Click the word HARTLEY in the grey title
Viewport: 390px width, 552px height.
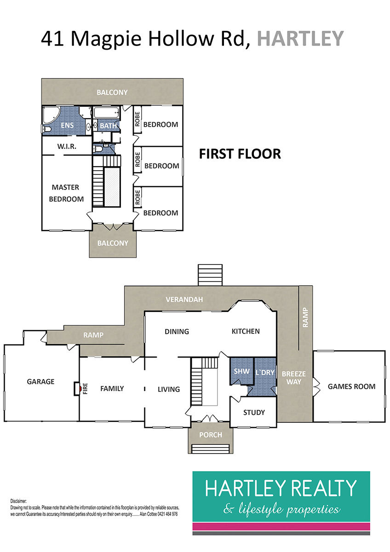(300, 39)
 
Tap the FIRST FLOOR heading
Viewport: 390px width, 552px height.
(240, 154)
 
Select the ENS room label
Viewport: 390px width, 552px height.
(67, 126)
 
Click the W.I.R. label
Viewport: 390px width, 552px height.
(67, 147)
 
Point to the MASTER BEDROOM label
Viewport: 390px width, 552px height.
(66, 193)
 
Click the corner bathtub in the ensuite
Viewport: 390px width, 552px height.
(51, 115)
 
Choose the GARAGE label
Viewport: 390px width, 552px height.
(40, 382)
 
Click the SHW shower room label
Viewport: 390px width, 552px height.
(242, 371)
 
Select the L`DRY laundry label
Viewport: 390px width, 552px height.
(265, 372)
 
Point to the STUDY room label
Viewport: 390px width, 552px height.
(254, 413)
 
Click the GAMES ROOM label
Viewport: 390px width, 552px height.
(351, 386)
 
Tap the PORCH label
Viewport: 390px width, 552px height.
(211, 435)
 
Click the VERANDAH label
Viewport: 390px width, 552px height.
(184, 299)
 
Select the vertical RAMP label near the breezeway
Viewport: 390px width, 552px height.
(305, 317)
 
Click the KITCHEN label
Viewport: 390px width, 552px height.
(246, 331)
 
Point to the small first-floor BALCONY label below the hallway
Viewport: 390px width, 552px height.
(113, 243)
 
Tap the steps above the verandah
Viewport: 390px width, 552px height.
(210, 275)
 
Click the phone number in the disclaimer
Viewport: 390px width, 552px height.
(167, 514)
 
